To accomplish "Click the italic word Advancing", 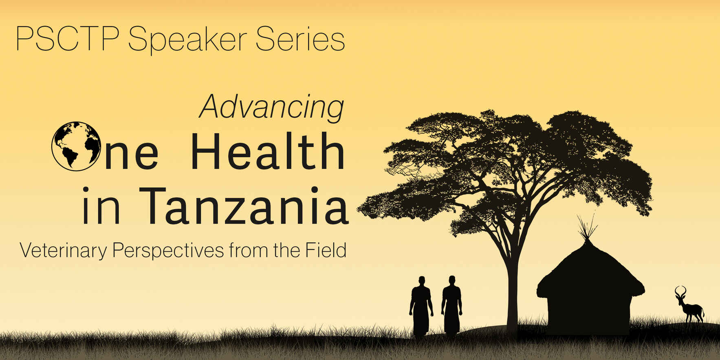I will coord(272,107).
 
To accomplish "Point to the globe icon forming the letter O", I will coord(76,146).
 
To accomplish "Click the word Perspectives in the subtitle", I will coord(168,250).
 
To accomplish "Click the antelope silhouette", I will coord(690,307).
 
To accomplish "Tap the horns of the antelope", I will coord(680,291).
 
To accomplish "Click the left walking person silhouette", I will coord(421,305).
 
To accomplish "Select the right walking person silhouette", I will coord(452,305).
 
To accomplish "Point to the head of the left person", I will coord(421,281).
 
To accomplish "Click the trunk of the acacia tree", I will coord(512,285).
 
